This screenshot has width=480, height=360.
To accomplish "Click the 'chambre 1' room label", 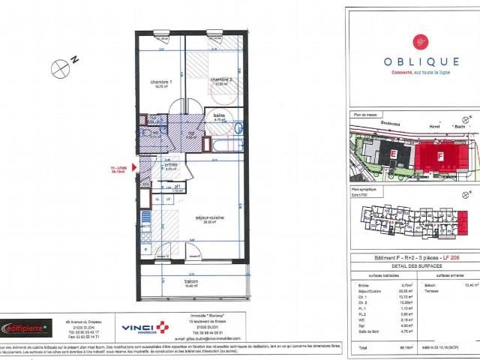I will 161,82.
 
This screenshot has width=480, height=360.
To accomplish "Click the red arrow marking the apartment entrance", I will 133,169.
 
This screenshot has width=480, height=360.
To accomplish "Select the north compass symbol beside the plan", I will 60,68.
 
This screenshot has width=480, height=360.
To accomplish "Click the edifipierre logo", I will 25,328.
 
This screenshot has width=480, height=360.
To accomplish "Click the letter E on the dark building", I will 394,154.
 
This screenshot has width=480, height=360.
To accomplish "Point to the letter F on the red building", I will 440,157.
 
